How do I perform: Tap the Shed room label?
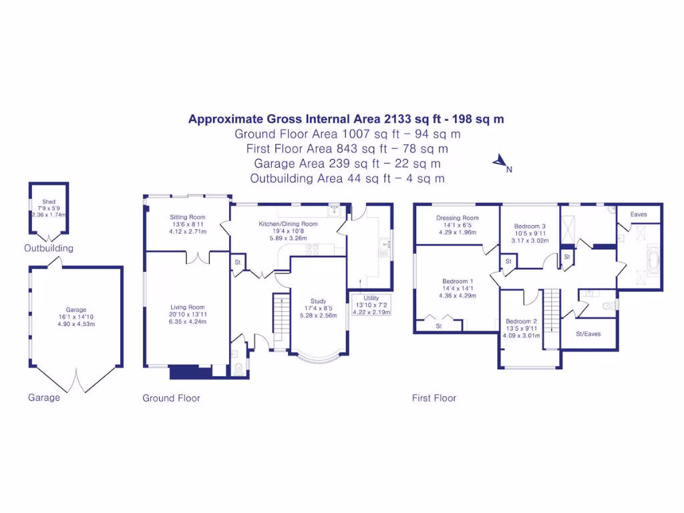point(49,201)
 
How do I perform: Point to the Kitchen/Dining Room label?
point(288,224)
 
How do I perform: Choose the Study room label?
point(318,301)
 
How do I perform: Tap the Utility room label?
point(371,298)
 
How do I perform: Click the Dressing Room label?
point(458,218)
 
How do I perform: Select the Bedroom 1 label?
point(458,281)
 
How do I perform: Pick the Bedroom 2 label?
point(521,321)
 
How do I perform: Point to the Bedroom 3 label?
point(530,226)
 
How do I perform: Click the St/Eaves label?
point(588,332)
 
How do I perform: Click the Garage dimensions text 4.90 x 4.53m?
point(76,324)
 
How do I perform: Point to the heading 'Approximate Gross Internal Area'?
point(285,120)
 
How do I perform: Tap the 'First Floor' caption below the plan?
point(434,398)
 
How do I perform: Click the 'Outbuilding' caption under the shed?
point(49,248)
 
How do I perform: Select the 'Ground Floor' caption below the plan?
point(171,398)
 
